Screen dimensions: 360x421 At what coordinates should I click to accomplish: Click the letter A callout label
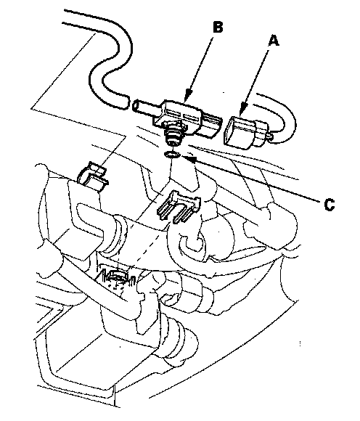coord(274,41)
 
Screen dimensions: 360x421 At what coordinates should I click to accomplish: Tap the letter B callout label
coord(218,27)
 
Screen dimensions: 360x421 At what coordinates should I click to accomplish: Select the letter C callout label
coord(329,205)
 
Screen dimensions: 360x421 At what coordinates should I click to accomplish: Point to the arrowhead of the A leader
coord(242,112)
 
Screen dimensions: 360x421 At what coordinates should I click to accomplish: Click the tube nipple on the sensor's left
coord(144,105)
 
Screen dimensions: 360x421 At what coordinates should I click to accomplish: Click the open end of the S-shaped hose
coord(126,102)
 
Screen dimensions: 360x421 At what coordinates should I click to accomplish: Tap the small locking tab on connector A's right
coord(269,137)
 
